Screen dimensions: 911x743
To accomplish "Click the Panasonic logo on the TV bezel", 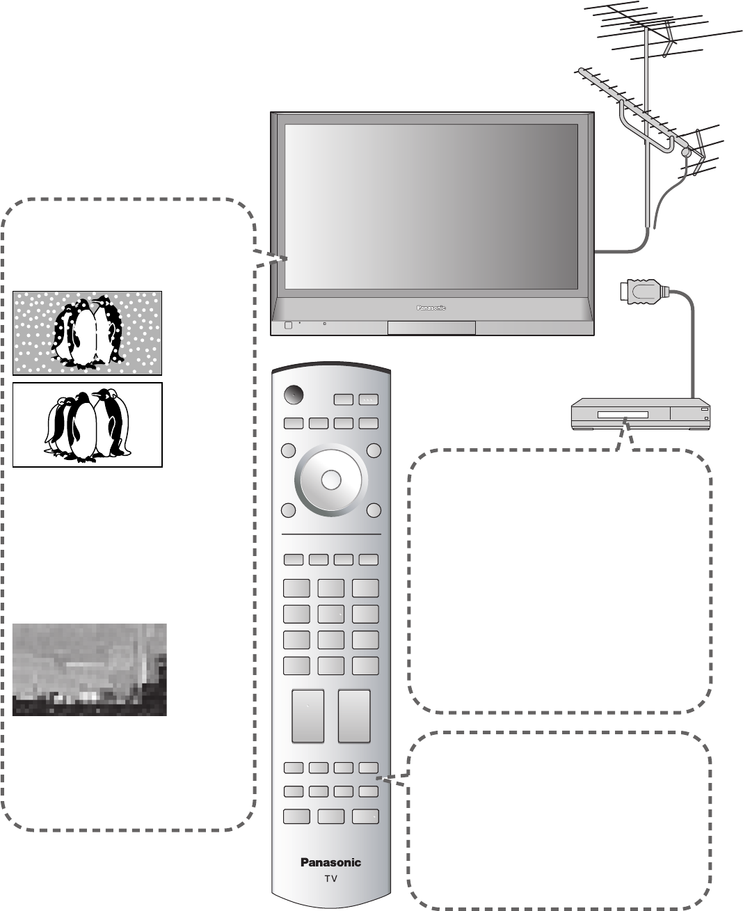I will coord(431,307).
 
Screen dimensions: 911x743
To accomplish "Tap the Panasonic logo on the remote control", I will coord(330,863).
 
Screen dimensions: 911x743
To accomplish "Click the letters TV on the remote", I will coord(330,879).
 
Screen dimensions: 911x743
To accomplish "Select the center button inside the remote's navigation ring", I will coord(331,480).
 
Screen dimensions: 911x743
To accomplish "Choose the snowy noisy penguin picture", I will coord(88,333).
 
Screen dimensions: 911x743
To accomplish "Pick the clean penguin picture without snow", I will coord(88,425).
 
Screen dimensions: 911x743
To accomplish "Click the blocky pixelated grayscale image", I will coord(90,670).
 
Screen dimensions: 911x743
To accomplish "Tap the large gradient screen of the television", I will coord(431,207).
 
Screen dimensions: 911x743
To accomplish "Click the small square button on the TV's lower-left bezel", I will coord(287,326).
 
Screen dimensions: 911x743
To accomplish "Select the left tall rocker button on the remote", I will coord(307,716).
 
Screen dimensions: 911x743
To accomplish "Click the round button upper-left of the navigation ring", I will coord(287,451).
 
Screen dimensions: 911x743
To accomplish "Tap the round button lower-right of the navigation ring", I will coord(374,510).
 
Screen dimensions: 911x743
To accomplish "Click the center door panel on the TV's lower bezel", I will coord(431,328).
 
